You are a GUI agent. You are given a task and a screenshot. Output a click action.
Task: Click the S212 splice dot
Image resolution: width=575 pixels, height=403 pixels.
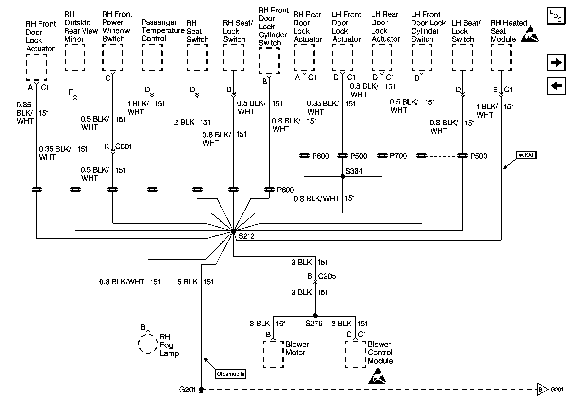pos(233,232)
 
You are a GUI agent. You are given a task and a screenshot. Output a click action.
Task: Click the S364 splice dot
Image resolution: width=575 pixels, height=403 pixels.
pos(343,176)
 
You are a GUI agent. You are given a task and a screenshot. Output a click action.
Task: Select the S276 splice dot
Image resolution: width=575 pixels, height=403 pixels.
pos(315,316)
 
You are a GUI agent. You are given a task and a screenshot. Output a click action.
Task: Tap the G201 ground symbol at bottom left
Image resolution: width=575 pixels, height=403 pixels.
pos(201,390)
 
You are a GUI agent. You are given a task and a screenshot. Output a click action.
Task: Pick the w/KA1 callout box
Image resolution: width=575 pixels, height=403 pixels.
pos(526,155)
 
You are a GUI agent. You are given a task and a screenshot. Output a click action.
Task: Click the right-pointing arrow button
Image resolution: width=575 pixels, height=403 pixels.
pos(556,62)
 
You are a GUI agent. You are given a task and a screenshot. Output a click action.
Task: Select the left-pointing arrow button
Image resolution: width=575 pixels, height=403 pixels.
pos(556,86)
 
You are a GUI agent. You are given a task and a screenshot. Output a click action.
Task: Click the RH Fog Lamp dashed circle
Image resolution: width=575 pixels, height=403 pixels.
pos(148,343)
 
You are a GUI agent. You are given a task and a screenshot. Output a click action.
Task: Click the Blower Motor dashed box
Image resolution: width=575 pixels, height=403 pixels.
pos(273,355)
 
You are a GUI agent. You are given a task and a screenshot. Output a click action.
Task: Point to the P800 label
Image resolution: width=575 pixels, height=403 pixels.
pos(321,156)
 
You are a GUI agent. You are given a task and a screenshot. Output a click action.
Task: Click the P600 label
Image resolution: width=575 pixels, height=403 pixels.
pos(285,190)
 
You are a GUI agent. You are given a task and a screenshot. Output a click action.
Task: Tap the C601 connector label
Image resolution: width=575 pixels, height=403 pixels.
pos(124,146)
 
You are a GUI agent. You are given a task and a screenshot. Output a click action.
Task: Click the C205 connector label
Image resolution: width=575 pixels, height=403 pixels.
pos(327,276)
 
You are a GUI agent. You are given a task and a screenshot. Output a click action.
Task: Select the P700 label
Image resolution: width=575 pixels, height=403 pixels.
pos(398,156)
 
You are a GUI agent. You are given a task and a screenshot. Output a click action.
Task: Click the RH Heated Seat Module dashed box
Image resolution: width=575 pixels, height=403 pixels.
pos(501,58)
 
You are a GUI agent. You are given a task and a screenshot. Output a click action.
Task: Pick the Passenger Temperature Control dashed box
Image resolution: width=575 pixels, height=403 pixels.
pos(152,58)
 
